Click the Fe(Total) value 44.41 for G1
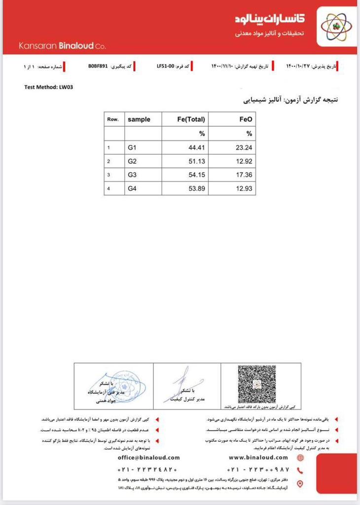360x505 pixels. (x=196, y=147)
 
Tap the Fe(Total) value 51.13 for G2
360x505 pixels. (x=196, y=161)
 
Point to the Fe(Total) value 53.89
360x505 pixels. (x=196, y=188)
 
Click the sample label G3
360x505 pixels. (x=132, y=175)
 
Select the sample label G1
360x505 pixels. (x=132, y=147)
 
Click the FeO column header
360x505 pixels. (x=245, y=119)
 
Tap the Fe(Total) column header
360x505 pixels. (x=191, y=119)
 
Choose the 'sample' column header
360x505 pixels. (x=139, y=119)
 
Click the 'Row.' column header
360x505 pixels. (x=112, y=119)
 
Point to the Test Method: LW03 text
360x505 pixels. (x=49, y=87)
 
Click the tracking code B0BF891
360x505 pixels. (x=98, y=66)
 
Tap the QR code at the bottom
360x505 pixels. (x=256, y=384)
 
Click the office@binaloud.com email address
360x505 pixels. (x=148, y=458)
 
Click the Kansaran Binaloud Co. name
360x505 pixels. (x=62, y=46)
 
